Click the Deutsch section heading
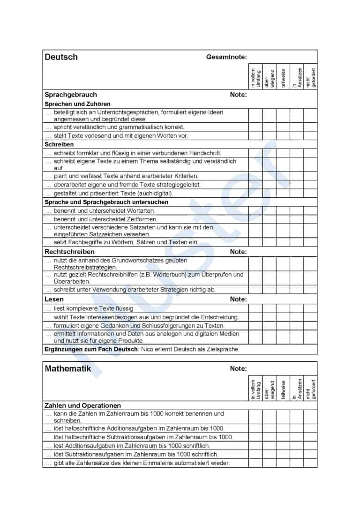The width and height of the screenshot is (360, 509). pyautogui.click(x=61, y=57)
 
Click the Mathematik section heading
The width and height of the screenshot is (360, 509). pyautogui.click(x=67, y=368)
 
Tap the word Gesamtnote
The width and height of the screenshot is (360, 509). pyautogui.click(x=225, y=57)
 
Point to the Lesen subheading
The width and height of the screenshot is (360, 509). pyautogui.click(x=54, y=299)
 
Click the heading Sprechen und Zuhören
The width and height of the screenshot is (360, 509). pyautogui.click(x=77, y=104)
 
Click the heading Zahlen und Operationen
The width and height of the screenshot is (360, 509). pyautogui.click(x=82, y=405)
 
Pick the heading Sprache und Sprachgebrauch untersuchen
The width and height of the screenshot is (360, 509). pyautogui.click(x=106, y=202)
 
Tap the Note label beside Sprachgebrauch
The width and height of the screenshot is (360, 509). pyautogui.click(x=238, y=95)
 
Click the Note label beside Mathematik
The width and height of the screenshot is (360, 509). pyautogui.click(x=238, y=369)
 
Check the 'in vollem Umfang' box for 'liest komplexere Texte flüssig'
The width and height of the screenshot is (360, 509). pyautogui.click(x=255, y=308)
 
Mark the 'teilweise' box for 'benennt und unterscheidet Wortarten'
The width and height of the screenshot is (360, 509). pyautogui.click(x=283, y=211)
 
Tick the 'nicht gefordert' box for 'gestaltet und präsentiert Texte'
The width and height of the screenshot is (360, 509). pyautogui.click(x=310, y=193)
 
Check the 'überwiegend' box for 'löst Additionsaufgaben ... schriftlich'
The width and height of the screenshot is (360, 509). pyautogui.click(x=269, y=446)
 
